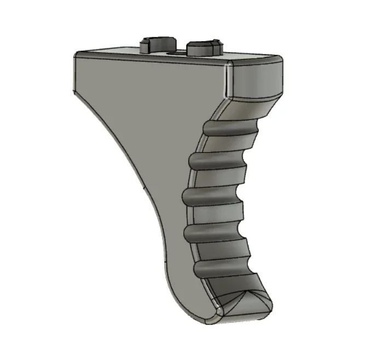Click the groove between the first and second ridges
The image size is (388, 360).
click(224, 148)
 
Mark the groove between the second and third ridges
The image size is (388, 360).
click(216, 181)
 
